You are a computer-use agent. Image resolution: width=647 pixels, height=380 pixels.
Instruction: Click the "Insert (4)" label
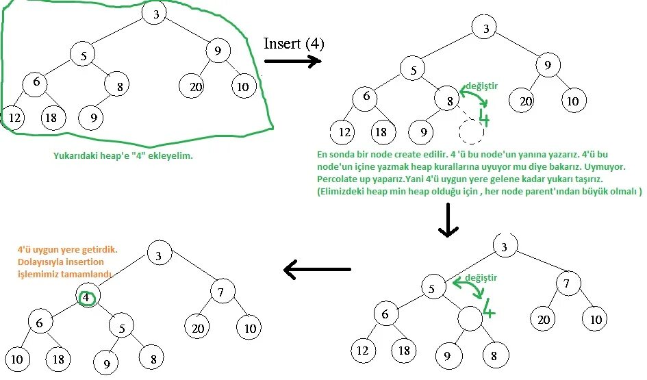tap(294, 43)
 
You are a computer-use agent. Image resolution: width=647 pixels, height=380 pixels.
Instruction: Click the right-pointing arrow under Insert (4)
tap(292, 61)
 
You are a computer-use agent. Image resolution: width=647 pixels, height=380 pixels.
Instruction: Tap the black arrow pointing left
tap(317, 270)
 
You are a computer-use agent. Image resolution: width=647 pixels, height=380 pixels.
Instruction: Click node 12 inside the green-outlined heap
tap(14, 118)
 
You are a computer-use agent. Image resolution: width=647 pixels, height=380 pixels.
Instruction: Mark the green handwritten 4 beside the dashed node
tap(484, 118)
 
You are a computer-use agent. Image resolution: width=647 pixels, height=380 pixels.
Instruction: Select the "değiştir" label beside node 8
tap(481, 86)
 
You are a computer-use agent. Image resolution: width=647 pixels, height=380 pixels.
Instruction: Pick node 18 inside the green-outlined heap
tap(52, 118)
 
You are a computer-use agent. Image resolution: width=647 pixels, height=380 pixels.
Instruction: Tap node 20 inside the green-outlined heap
tap(192, 87)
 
